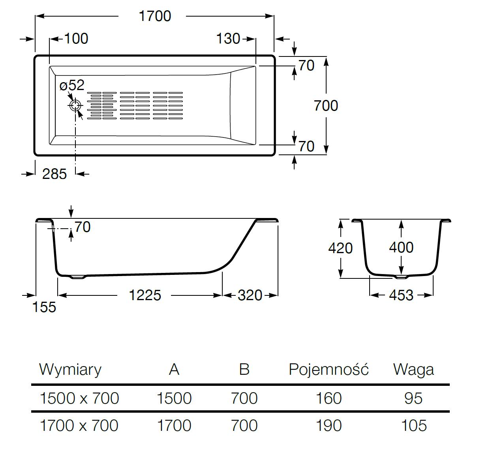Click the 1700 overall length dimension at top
(155, 16)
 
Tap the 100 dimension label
(76, 39)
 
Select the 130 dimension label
(228, 39)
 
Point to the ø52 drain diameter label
(72, 85)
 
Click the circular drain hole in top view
(75, 105)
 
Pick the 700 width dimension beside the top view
(326, 106)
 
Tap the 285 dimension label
(54, 174)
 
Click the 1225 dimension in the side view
(145, 295)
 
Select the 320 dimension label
(250, 295)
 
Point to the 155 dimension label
(44, 307)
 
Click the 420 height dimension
(340, 248)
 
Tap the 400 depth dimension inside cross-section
(401, 248)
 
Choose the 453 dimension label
(401, 295)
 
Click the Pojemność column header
(329, 370)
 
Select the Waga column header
(413, 370)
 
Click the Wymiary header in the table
(70, 370)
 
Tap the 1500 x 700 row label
(79, 398)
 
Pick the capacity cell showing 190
(329, 426)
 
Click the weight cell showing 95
(413, 398)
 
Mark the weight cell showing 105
(414, 426)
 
